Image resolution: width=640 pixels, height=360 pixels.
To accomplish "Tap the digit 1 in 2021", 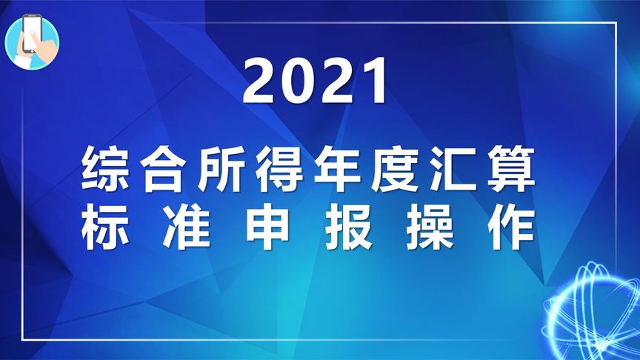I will point(375,82).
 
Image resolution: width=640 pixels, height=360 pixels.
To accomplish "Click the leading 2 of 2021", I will point(261,82).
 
